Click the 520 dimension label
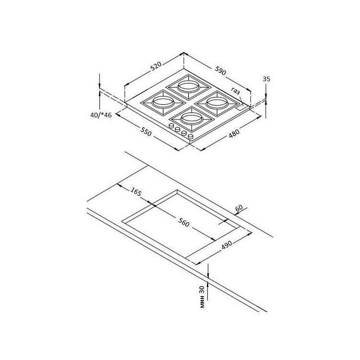pos(156,66)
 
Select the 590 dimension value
pos(220,71)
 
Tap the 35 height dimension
pos(266,79)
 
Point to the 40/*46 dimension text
pos(101,115)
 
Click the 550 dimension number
pos(146,132)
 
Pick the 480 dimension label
pos(234,133)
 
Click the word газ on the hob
pos(236,91)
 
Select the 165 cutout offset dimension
pos(136,192)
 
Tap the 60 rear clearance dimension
pos(239,208)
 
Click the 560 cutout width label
pos(184,223)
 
